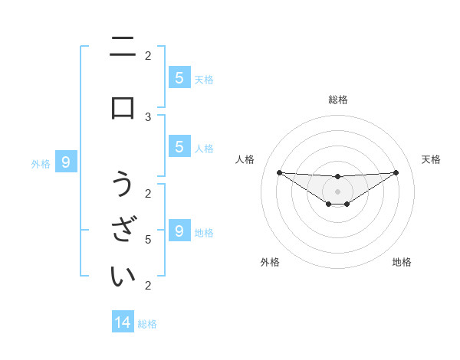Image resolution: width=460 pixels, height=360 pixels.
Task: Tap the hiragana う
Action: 123,185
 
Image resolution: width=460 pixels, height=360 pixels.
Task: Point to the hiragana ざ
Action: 123,230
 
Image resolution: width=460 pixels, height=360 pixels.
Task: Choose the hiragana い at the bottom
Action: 123,276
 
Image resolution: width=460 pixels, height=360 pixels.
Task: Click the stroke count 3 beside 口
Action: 148,116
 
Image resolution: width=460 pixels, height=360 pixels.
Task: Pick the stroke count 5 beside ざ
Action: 148,240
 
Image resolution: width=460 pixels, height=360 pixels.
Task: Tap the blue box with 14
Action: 123,322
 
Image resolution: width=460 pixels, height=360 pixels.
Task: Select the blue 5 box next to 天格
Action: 179,77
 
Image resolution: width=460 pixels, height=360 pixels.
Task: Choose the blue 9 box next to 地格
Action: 179,231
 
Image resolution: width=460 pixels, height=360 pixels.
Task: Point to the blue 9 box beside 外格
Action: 66,162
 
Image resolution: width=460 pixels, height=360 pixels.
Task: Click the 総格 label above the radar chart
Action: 337,100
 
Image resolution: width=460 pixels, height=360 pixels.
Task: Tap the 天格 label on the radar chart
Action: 431,159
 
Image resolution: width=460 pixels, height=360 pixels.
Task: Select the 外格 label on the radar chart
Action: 270,262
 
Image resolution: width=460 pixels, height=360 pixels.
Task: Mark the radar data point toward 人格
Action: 279,172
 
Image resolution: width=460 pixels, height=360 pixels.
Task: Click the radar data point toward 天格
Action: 396,172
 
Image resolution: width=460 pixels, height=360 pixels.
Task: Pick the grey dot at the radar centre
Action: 337,191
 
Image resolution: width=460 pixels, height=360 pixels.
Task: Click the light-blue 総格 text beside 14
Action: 147,324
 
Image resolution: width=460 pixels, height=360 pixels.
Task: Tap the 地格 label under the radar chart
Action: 402,262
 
